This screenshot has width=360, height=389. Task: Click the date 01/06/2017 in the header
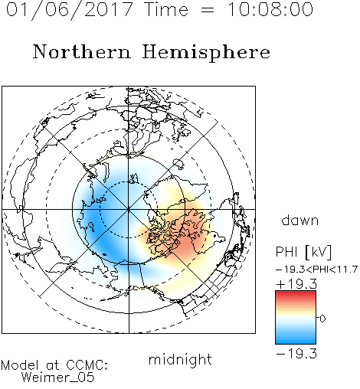point(69,10)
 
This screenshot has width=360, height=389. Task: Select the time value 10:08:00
point(270,10)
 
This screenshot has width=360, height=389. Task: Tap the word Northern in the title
point(82,51)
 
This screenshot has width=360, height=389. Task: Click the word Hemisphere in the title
point(206,52)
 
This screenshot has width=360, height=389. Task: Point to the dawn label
point(300,220)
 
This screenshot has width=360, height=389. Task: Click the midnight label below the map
point(180,359)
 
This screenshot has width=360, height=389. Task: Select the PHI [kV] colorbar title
point(303,252)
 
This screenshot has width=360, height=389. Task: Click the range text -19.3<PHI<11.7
point(316,270)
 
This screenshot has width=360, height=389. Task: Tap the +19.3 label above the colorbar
point(296,284)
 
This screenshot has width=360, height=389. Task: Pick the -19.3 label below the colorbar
point(296,354)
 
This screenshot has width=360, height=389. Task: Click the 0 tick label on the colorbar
point(322,319)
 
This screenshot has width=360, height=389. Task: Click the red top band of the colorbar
point(296,294)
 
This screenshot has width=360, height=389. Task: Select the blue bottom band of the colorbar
point(296,340)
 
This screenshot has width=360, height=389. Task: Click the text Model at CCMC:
point(54,365)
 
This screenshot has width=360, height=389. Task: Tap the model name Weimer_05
point(57,378)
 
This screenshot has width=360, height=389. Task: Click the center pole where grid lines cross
point(129,209)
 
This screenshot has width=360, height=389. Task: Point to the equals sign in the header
point(207,10)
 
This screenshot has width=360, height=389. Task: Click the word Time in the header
point(166,10)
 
